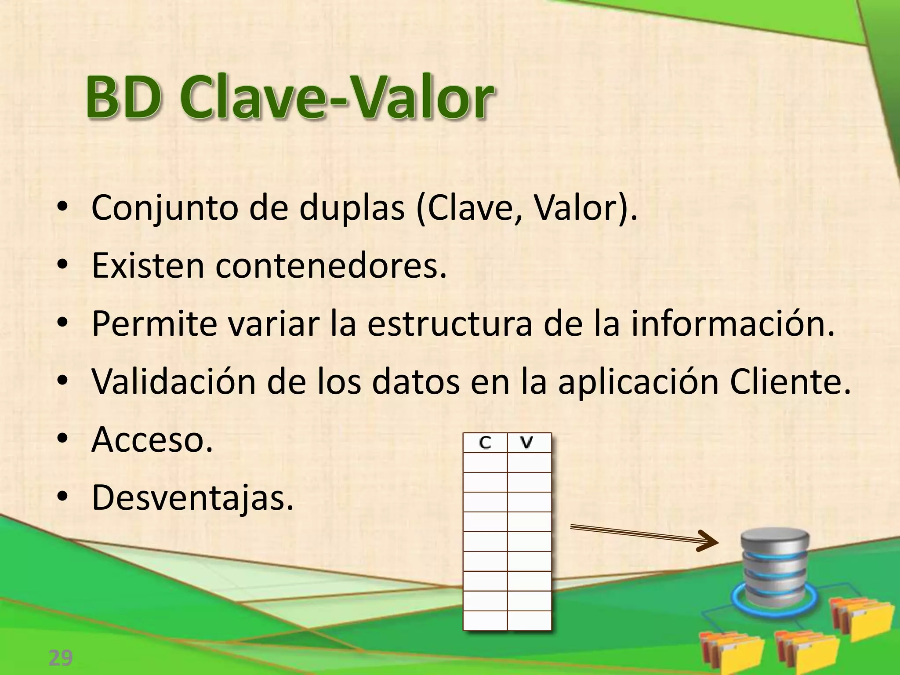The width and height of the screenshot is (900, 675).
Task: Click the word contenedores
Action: tap(330, 266)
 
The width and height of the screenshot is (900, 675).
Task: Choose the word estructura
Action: tap(450, 324)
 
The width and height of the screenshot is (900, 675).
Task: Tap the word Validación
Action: tap(174, 381)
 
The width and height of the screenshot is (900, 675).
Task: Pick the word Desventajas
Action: tap(192, 498)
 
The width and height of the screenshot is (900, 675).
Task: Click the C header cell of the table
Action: tap(485, 443)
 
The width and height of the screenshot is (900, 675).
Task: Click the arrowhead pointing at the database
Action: tap(708, 541)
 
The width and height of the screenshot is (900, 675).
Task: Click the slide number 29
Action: tap(60, 658)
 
